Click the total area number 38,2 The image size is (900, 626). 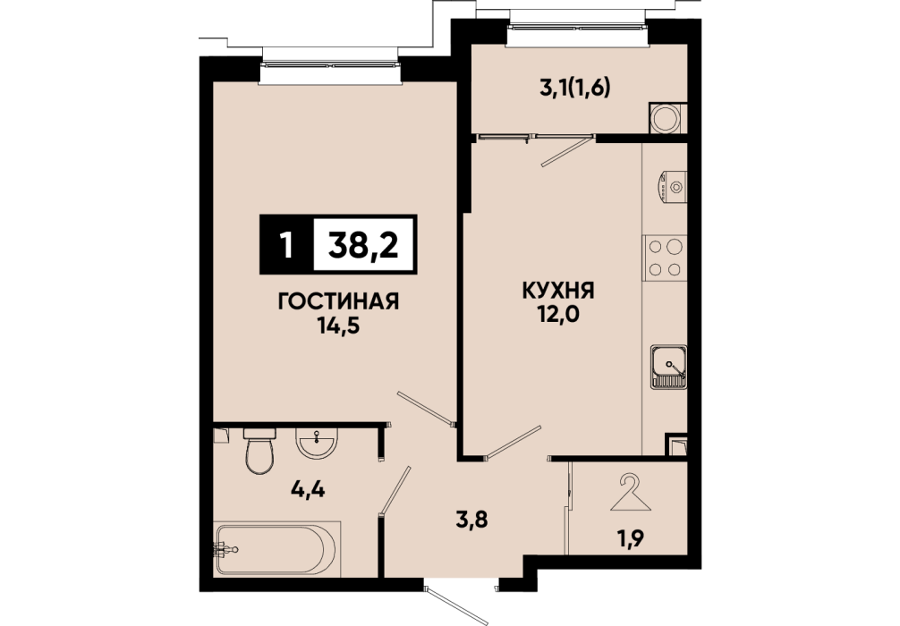(x=362, y=244)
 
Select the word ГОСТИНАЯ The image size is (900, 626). (x=338, y=301)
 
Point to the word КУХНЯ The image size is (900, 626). (x=557, y=291)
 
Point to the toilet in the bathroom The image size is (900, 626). (x=259, y=451)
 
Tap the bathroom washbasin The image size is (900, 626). (x=316, y=443)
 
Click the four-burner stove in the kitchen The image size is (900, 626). (x=665, y=258)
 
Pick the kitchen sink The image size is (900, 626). (x=668, y=367)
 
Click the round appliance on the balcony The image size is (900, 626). (x=667, y=118)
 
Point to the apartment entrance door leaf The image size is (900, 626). (x=456, y=605)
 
